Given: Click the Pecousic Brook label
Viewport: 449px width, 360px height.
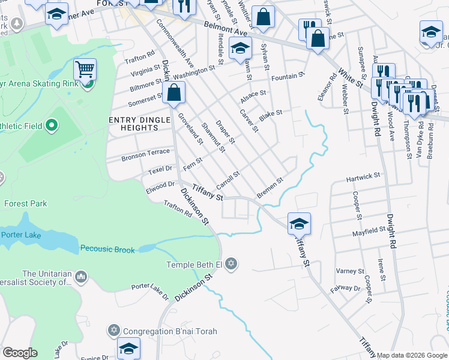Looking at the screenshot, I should coord(107,250).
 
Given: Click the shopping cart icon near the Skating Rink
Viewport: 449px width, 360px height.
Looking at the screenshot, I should coord(85,70).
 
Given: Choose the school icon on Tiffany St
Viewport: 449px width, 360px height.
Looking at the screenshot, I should coord(299,224).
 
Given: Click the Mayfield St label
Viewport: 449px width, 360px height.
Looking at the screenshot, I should coord(369,230).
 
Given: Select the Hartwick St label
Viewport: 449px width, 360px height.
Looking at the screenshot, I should coord(363,177).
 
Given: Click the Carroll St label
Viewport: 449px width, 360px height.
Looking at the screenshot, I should coord(228,178).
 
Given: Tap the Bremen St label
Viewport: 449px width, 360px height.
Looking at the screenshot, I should coord(270,187).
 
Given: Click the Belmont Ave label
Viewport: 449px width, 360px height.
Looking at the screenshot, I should coord(226,28).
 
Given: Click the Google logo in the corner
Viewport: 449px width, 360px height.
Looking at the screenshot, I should coord(20,353).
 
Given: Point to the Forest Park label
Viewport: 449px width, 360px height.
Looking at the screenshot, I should coord(25,203).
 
